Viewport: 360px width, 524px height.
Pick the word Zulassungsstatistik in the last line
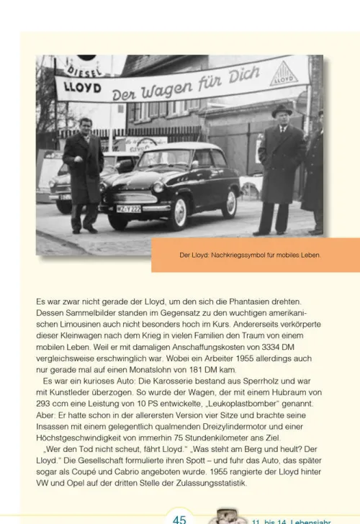[208, 484]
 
